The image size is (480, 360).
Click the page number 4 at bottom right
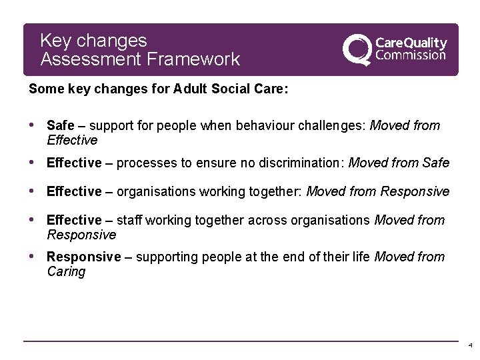coord(471,346)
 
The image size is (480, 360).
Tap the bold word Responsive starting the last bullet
coord(84,257)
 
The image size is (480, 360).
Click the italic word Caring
coord(66,271)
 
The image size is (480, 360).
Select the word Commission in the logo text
coord(411,55)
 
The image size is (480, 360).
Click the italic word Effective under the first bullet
coord(72,140)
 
